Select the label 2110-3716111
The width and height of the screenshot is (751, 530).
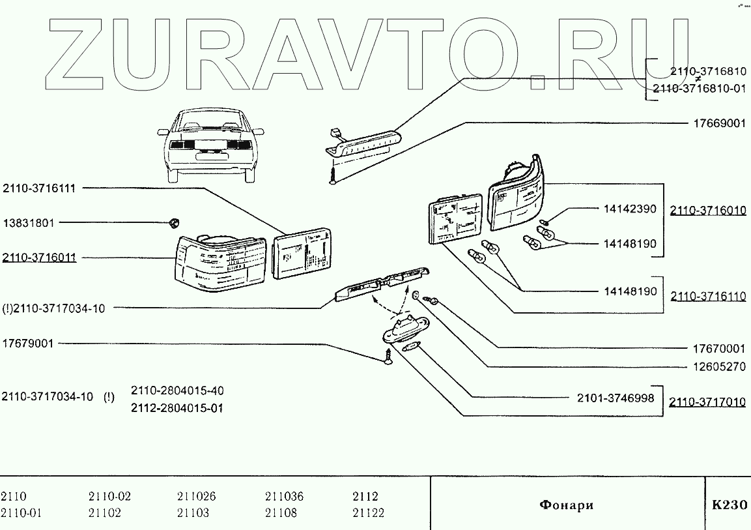coord(39,188)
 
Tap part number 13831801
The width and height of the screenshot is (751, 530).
coord(29,222)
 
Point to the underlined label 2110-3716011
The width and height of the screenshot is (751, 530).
coord(39,258)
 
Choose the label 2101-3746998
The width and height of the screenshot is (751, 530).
coord(616,397)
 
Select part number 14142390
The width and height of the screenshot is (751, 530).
coord(629,209)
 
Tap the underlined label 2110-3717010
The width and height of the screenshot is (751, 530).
coord(708,402)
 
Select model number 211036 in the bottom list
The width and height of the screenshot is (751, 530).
coord(284,497)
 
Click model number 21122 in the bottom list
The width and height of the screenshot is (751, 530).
coord(368,513)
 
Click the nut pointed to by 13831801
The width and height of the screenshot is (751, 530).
coord(174,222)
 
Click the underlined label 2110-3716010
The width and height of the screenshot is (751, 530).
coord(708,211)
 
